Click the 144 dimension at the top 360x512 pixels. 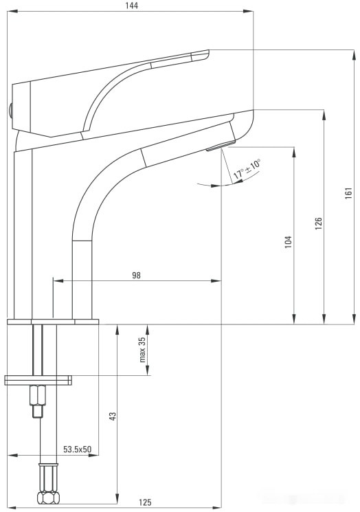pyautogui.click(x=132, y=5)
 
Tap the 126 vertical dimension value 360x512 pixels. pyautogui.click(x=318, y=223)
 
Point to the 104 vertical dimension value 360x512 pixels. pyautogui.click(x=289, y=241)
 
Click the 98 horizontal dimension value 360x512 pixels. pyautogui.click(x=136, y=275)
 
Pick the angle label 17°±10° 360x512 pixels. pyautogui.click(x=247, y=169)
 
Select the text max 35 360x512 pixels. pyautogui.click(x=143, y=349)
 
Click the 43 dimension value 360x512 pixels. pyautogui.click(x=113, y=416)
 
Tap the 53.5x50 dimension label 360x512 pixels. pyautogui.click(x=78, y=449)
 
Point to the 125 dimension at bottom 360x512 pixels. pyautogui.click(x=145, y=502)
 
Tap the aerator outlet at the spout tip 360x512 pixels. pyautogui.click(x=221, y=146)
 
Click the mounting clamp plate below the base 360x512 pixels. pyautogui.click(x=38, y=379)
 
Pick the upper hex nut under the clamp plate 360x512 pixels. pyautogui.click(x=37, y=396)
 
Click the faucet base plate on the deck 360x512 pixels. pyautogui.click(x=53, y=322)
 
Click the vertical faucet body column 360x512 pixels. pyautogui.click(x=23, y=234)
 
